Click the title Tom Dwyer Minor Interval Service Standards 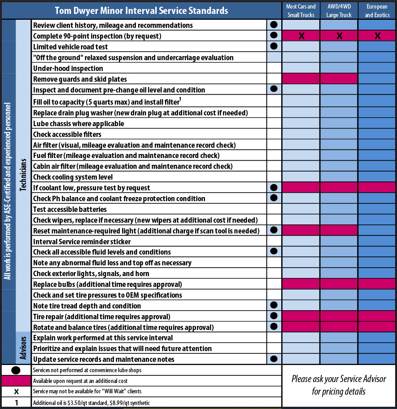(141, 10)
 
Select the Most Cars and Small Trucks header (301, 11)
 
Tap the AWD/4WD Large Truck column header (339, 11)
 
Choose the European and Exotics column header (377, 11)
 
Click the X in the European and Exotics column (377, 36)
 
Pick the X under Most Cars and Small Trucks (301, 36)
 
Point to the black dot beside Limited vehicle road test (273, 46)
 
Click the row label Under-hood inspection (68, 68)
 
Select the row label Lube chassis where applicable (79, 123)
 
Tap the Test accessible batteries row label (70, 209)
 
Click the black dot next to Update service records (273, 359)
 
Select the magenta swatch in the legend (16, 381)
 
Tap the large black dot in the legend (16, 370)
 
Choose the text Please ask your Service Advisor (339, 379)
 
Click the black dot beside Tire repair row (273, 316)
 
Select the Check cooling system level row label (73, 177)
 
